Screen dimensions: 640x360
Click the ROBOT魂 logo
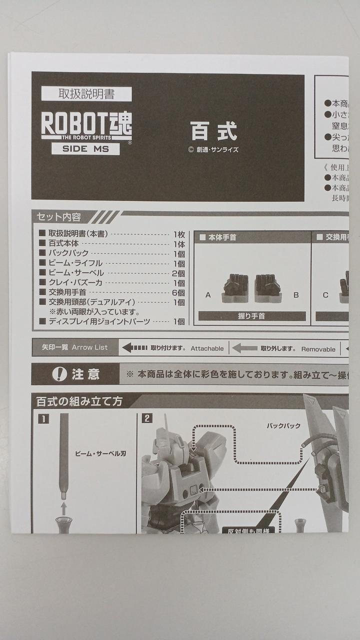(x=86, y=122)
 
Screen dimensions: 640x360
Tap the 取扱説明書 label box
(x=86, y=94)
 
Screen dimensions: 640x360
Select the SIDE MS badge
(x=85, y=149)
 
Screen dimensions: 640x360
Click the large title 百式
(x=213, y=131)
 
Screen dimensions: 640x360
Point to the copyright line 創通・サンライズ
(x=213, y=149)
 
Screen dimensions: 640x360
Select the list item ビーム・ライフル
(x=75, y=263)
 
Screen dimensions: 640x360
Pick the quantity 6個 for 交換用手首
(x=178, y=292)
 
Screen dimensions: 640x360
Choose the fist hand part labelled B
(x=268, y=288)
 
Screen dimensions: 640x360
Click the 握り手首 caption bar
(x=251, y=316)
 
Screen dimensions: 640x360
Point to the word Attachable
(x=207, y=348)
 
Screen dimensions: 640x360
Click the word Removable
(x=318, y=349)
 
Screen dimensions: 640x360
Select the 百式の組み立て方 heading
(x=77, y=401)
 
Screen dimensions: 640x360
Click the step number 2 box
(x=146, y=418)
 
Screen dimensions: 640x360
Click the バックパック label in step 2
(x=283, y=425)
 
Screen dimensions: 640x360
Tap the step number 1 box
(x=43, y=419)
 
